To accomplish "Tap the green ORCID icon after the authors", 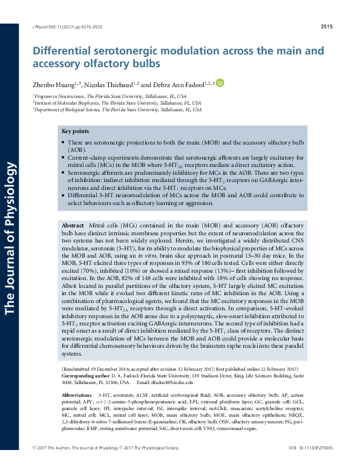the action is [220, 83].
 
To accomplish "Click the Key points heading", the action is [76, 131].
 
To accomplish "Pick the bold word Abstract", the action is [73, 225].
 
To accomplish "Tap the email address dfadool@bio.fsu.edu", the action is [176, 382].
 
